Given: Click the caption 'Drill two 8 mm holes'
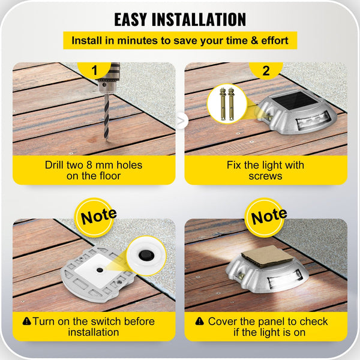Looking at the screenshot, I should tap(94, 164).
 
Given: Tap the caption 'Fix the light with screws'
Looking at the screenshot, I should tap(265, 170).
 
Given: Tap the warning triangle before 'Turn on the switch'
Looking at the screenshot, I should tap(26, 322).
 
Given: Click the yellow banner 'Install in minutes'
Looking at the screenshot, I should tap(180, 41).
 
